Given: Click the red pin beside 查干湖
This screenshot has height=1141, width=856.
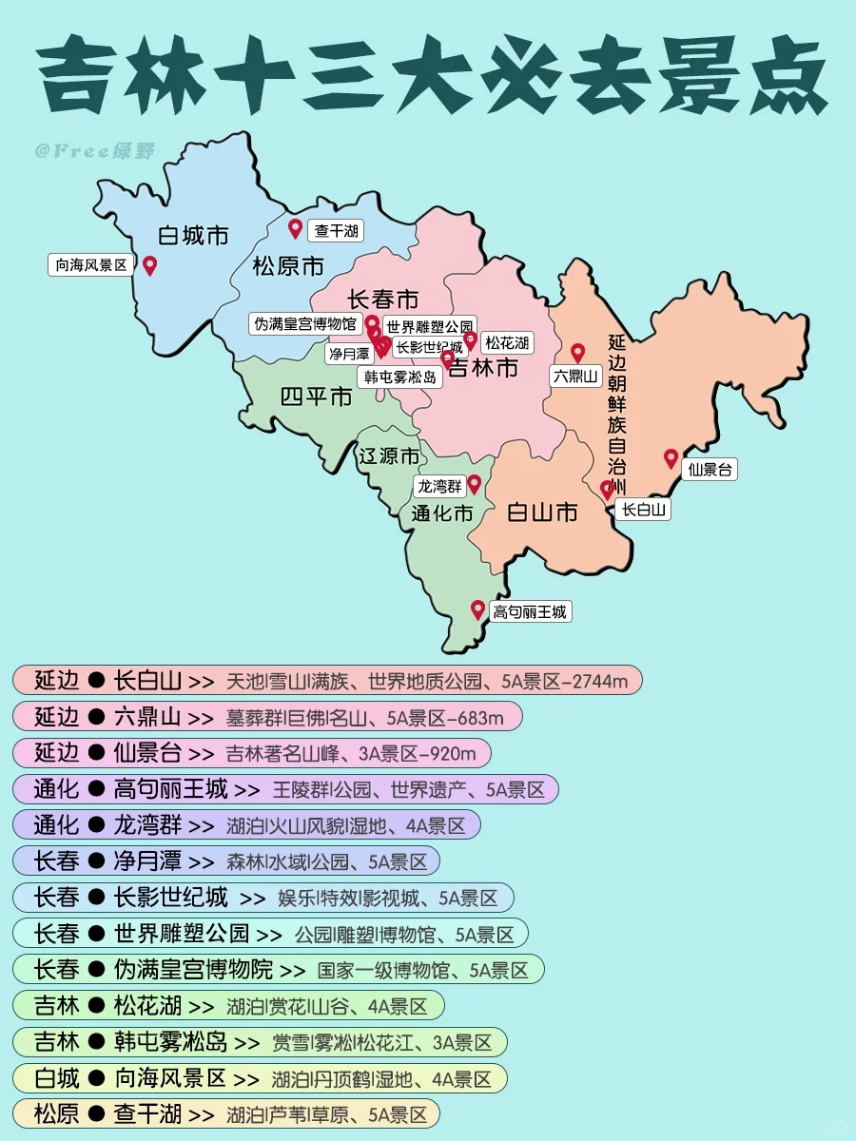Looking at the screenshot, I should (296, 228).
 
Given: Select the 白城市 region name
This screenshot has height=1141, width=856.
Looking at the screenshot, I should (193, 234).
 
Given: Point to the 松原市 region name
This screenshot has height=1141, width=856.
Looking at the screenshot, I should (288, 266).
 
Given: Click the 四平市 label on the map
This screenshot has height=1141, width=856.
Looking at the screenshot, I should (317, 396).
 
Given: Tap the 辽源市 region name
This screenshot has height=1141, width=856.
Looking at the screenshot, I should (388, 456).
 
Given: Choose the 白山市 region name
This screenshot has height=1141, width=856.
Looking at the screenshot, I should (541, 513).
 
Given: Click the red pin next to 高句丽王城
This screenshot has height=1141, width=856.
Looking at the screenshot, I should (477, 609).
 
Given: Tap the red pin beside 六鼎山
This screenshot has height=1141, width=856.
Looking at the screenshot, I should (577, 353).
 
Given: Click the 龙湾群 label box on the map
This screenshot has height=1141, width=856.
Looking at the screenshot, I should (438, 487).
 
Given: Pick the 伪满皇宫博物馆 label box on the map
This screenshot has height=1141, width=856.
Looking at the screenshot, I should (304, 323).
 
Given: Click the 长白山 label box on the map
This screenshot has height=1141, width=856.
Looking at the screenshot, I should (644, 510).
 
